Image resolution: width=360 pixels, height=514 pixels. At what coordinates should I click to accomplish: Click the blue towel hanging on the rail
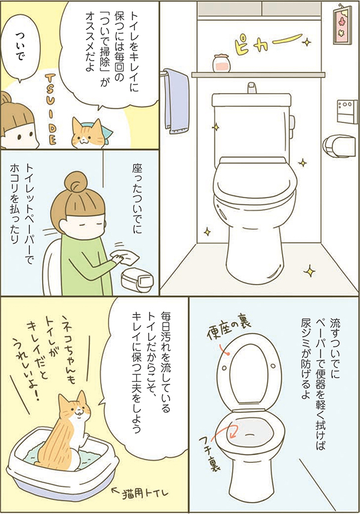pyautogui.click(x=175, y=101)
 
